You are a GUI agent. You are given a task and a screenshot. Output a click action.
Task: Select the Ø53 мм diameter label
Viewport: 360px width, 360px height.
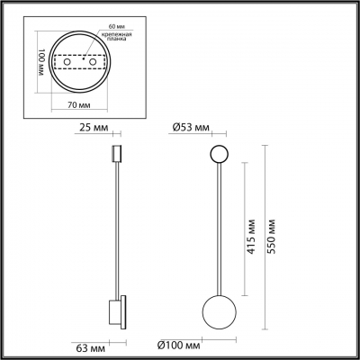[192, 127]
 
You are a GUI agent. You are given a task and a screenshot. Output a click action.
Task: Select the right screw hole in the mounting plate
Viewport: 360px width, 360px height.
[94, 63]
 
